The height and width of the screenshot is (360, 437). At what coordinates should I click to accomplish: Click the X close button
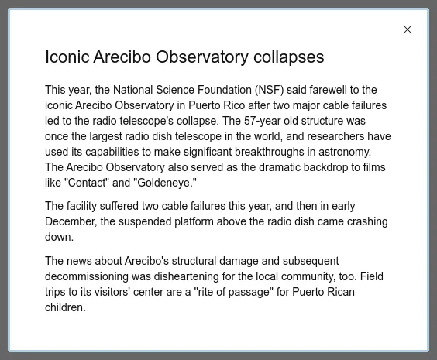pyautogui.click(x=408, y=29)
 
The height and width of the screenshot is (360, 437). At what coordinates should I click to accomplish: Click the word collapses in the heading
pyautogui.click(x=289, y=57)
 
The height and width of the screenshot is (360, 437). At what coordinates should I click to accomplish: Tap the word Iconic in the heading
pyautogui.click(x=67, y=57)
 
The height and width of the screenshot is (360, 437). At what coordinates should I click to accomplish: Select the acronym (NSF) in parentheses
pyautogui.click(x=269, y=90)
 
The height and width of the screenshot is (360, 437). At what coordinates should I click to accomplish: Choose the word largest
pyautogui.click(x=106, y=137)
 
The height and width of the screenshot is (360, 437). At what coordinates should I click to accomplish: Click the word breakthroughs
pyautogui.click(x=270, y=152)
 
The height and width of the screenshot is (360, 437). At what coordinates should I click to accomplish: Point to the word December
pyautogui.click(x=71, y=221)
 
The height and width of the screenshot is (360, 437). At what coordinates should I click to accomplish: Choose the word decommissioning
pyautogui.click(x=87, y=276)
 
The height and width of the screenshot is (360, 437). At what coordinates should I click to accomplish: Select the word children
pyautogui.click(x=65, y=307)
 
